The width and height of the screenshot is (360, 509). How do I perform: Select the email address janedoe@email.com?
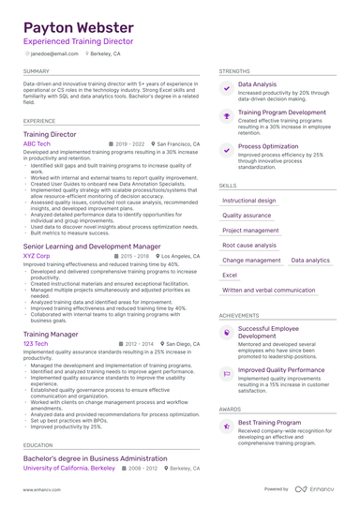pyautogui.click(x=54, y=54)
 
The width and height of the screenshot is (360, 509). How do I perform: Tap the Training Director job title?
pyautogui.click(x=50, y=134)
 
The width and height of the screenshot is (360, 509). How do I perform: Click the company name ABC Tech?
pyautogui.click(x=37, y=144)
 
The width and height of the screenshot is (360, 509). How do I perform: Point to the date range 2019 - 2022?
pyautogui.click(x=129, y=144)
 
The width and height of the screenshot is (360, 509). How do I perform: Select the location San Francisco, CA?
pyautogui.click(x=178, y=144)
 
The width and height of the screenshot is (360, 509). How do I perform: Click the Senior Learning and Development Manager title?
pyautogui.click(x=91, y=246)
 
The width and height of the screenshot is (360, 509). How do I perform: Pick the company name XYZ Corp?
pyautogui.click(x=37, y=255)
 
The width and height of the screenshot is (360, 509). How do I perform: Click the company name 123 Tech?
pyautogui.click(x=35, y=343)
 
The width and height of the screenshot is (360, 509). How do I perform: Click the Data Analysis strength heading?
pyautogui.click(x=257, y=84)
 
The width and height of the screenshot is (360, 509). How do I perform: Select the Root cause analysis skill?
pyautogui.click(x=249, y=245)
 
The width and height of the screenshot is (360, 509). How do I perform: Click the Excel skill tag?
pyautogui.click(x=230, y=275)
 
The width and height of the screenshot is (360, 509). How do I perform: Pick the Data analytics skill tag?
pyautogui.click(x=309, y=260)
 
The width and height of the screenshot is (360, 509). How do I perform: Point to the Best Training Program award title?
pyautogui.click(x=269, y=423)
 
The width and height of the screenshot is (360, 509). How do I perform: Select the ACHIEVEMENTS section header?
pyautogui.click(x=239, y=315)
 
